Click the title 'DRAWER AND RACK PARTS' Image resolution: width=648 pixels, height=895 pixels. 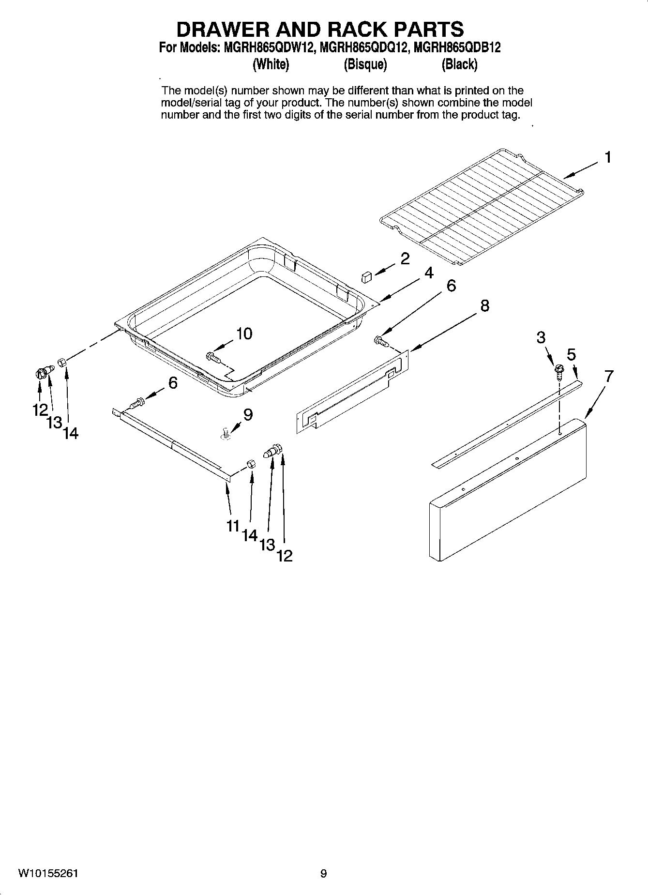click(320, 30)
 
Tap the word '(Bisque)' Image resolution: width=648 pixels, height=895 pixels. click(365, 64)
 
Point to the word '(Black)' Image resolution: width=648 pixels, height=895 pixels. click(459, 64)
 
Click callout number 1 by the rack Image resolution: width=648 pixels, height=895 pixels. click(607, 157)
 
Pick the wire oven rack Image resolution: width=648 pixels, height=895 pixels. click(482, 206)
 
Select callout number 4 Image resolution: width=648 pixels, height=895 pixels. click(429, 273)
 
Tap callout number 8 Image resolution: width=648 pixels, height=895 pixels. click(484, 305)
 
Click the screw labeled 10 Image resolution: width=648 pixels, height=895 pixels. click(213, 357)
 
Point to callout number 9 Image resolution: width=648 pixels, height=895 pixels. click(248, 414)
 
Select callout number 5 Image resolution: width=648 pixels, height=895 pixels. click(572, 355)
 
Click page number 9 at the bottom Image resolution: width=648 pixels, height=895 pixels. click(323, 873)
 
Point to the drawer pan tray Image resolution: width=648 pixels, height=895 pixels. click(242, 315)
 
